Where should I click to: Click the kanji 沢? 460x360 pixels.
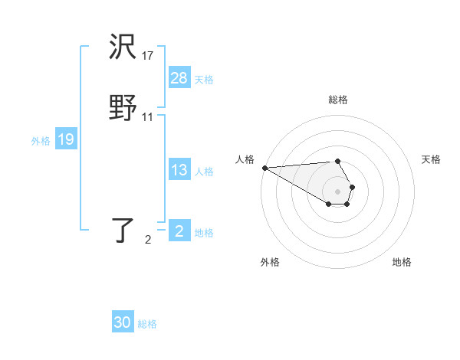click(123, 48)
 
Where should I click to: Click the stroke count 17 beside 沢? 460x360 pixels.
click(148, 55)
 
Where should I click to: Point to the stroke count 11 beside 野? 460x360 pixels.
click(148, 116)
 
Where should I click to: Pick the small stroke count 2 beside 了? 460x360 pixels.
click(148, 240)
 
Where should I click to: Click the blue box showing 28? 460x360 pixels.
click(179, 78)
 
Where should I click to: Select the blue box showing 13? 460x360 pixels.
click(179, 170)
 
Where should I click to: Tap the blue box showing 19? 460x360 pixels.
click(65, 139)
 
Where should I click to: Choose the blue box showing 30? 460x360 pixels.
click(123, 322)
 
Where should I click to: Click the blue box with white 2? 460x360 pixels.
click(179, 231)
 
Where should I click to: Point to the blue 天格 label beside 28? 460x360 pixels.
click(204, 80)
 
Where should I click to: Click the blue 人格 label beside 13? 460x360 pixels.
click(204, 172)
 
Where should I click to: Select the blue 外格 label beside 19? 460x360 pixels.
click(41, 141)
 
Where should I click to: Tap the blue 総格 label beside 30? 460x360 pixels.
click(147, 324)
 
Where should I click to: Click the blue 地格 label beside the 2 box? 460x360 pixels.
click(204, 233)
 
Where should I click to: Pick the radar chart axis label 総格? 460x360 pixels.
click(338, 100)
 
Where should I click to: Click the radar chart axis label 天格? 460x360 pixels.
click(431, 159)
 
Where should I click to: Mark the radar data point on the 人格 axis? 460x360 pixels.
click(264, 168)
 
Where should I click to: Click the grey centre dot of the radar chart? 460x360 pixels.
click(338, 191)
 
